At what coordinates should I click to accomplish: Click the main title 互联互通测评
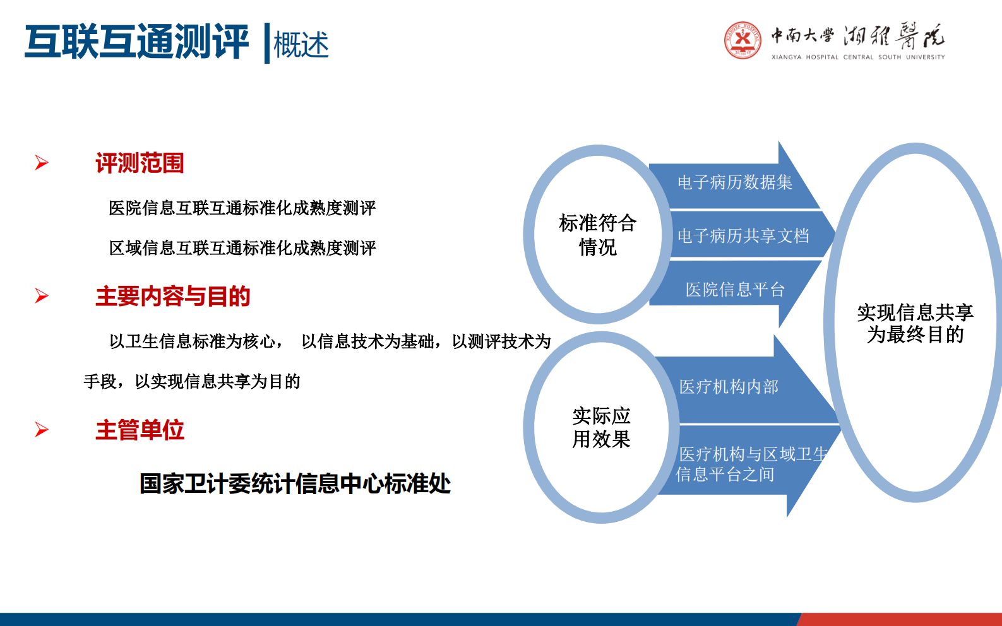(136, 42)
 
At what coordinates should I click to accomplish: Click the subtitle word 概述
(301, 45)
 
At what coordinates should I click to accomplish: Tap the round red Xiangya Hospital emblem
(743, 40)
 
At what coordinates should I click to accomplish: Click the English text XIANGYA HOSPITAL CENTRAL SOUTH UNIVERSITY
(857, 57)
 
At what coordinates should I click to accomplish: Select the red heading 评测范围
(140, 163)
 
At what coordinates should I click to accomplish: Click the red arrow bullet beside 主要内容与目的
(42, 295)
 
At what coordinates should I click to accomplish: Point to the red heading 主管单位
(140, 430)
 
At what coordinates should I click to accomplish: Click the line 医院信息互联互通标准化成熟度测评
(242, 208)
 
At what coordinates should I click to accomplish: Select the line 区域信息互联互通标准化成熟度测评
(242, 248)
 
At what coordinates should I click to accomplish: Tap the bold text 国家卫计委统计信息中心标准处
(295, 484)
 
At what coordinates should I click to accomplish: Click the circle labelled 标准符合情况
(597, 235)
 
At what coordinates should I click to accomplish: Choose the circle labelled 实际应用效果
(601, 427)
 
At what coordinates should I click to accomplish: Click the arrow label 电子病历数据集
(734, 182)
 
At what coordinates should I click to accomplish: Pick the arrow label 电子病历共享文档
(743, 236)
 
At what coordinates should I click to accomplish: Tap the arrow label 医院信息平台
(734, 290)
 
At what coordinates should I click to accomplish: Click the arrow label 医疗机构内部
(728, 387)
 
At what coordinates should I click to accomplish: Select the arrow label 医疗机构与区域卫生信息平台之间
(745, 464)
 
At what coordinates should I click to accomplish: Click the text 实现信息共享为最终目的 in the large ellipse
(914, 323)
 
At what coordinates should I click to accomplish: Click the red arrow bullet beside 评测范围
(42, 163)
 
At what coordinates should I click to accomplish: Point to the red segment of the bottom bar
(900, 619)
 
